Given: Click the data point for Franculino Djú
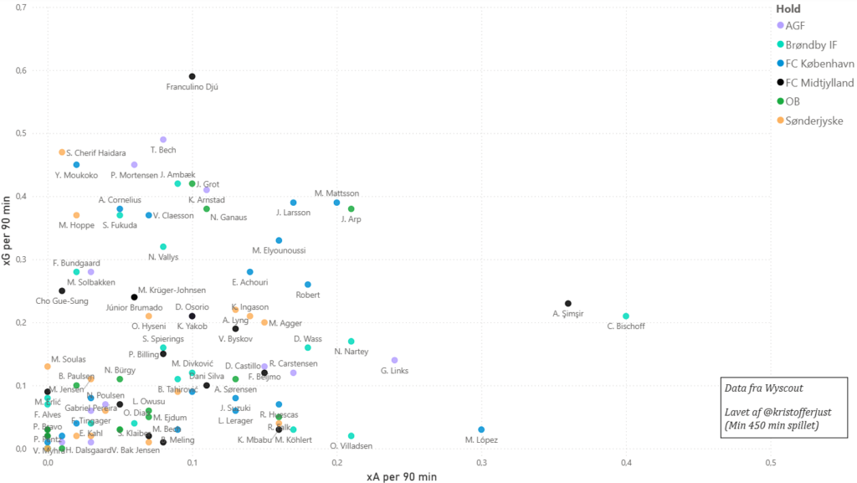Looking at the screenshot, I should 192,76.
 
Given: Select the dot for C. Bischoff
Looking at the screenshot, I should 626,316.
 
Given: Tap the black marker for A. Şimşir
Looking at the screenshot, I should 568,304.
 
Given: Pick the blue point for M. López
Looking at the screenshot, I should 481,429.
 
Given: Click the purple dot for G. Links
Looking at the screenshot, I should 395,360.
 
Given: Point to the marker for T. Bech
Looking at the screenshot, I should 163,140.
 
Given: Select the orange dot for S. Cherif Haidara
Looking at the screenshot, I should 62,152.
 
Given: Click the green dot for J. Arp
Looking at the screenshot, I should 352,209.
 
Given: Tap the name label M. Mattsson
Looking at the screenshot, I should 336,193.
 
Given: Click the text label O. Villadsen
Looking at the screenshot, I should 352,446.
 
